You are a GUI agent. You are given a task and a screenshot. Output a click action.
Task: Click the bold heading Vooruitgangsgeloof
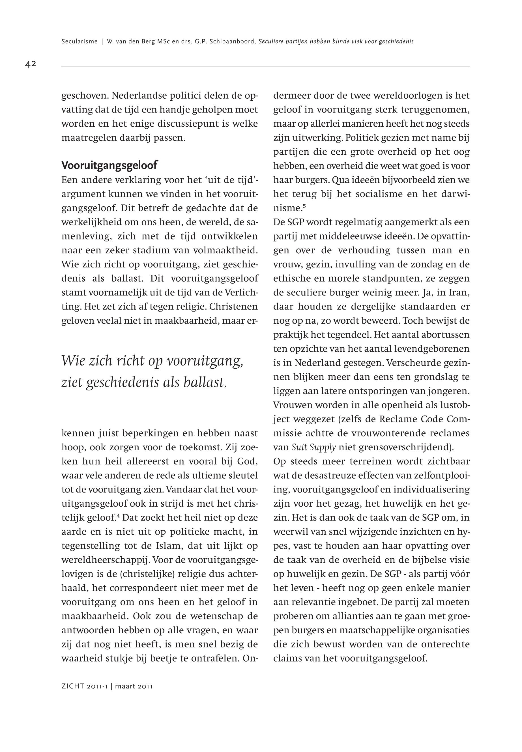(109, 165)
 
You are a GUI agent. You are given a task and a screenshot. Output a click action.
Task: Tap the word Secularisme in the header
(80, 42)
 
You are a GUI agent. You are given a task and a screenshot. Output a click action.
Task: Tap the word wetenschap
(208, 616)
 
